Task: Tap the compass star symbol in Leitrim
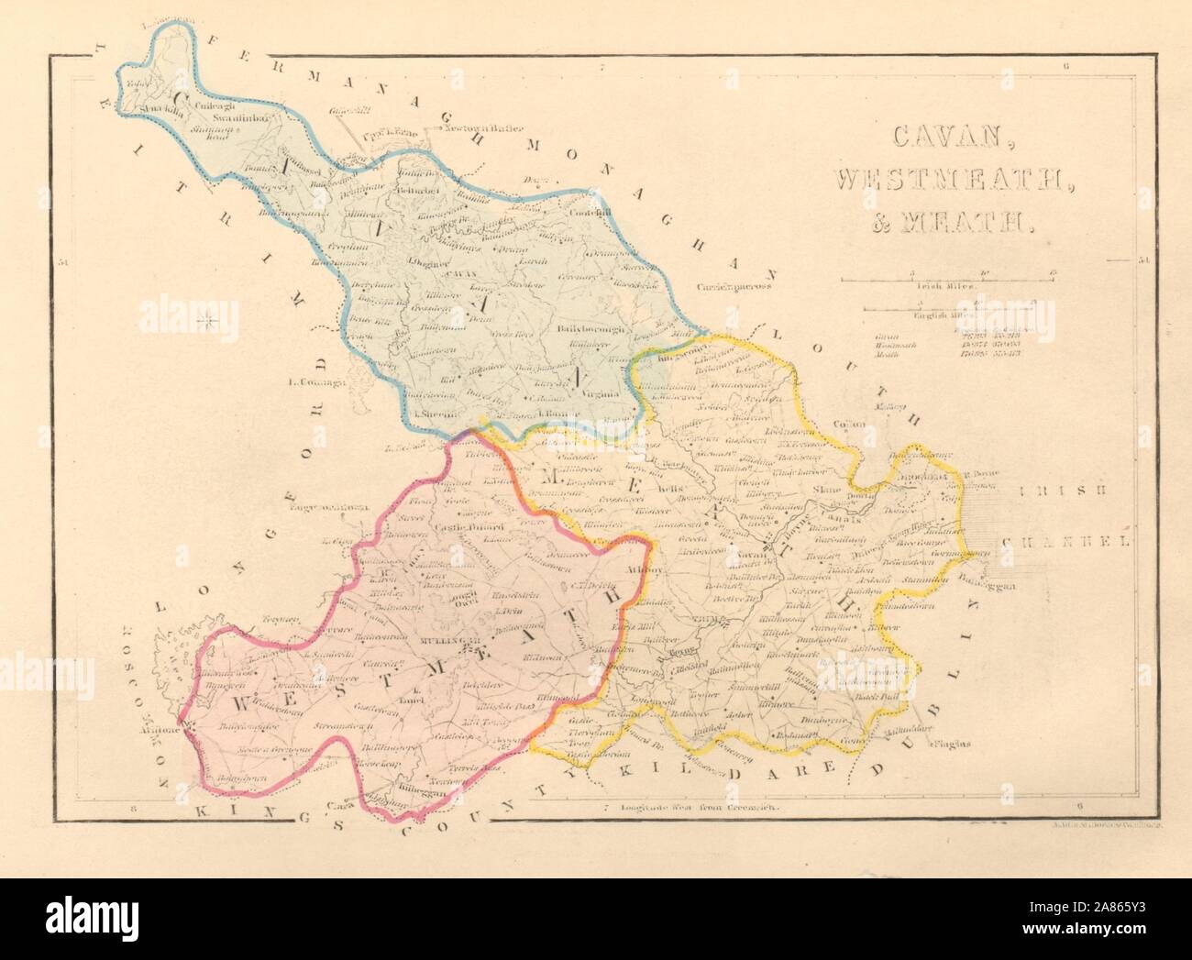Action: click(x=209, y=319)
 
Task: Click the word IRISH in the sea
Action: click(x=1057, y=491)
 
